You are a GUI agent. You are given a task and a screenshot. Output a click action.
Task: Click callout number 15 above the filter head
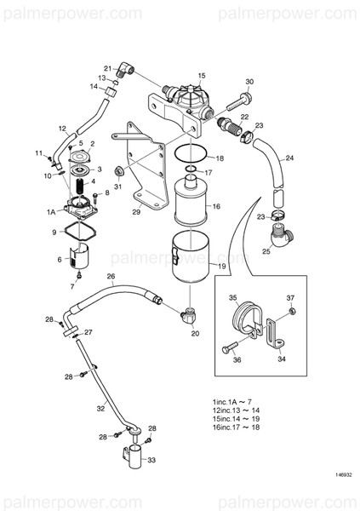[x=202, y=76]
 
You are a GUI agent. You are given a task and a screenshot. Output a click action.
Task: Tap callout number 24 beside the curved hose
[x=290, y=158]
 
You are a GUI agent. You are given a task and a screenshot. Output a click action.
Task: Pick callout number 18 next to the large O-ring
[x=220, y=159]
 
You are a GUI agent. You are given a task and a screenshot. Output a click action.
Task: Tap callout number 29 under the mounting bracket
[x=136, y=212]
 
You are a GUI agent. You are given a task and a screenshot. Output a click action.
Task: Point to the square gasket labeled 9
[x=81, y=232]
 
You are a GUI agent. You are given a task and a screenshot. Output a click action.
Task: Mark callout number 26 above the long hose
[x=110, y=277]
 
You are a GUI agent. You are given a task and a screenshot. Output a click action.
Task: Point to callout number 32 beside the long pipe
[x=100, y=409]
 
